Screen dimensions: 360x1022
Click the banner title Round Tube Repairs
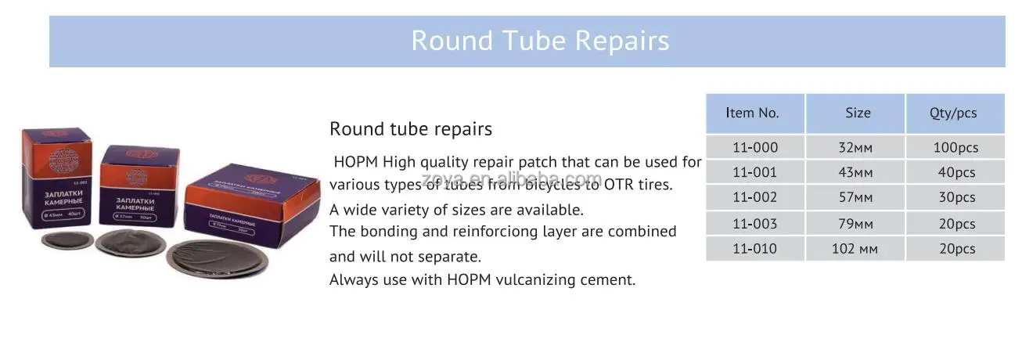[540, 41]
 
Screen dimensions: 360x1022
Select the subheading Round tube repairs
[410, 128]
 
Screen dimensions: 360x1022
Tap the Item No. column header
[752, 113]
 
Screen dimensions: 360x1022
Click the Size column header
[858, 113]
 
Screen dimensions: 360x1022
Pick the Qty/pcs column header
[953, 113]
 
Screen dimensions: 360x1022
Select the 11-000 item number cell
[754, 147]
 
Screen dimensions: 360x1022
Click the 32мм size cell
[855, 147]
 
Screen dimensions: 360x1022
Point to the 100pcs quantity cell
[955, 147]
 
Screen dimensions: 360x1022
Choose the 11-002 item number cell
[754, 198]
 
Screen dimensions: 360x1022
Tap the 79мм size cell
[855, 224]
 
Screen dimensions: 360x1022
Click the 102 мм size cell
[855, 249]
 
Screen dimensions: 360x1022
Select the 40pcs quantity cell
[956, 173]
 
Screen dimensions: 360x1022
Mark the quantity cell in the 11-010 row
[956, 249]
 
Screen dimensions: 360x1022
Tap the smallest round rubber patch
[68, 239]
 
